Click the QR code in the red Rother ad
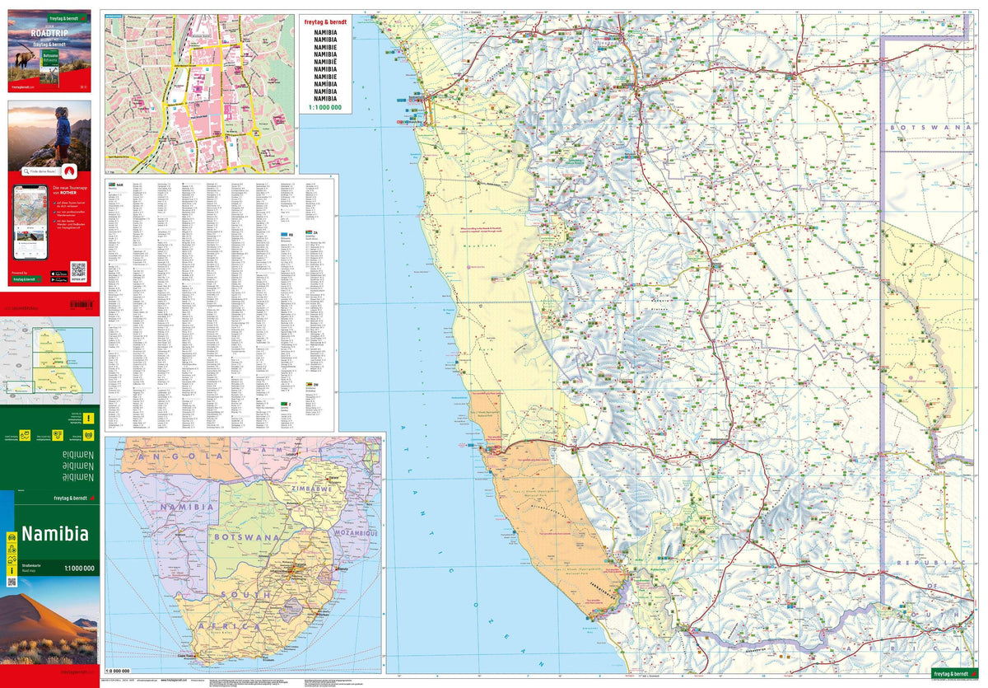[78, 269]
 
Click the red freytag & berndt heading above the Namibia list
[325, 24]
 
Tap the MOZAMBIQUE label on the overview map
[354, 534]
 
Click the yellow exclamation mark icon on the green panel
[89, 419]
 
